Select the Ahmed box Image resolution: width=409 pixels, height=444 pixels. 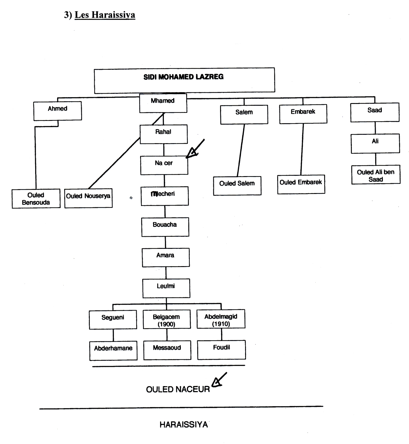pyautogui.click(x=57, y=111)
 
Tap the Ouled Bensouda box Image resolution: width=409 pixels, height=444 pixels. pyautogui.click(x=36, y=199)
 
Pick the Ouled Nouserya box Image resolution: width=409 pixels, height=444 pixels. pyautogui.click(x=88, y=198)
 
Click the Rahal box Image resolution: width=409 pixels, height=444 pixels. pyautogui.click(x=164, y=134)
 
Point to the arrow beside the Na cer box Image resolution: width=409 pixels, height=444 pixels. pyautogui.click(x=195, y=149)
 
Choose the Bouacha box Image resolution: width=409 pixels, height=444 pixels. pyautogui.click(x=165, y=227)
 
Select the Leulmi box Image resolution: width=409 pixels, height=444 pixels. pyautogui.click(x=166, y=288)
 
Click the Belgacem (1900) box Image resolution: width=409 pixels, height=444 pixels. pyautogui.click(x=167, y=320)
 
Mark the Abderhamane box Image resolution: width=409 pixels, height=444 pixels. pyautogui.click(x=113, y=351)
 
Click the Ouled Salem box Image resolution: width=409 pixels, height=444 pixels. pyautogui.click(x=237, y=186)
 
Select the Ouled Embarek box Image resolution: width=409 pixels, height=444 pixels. pyautogui.click(x=301, y=184)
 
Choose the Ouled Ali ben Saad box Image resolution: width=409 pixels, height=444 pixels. pyautogui.click(x=376, y=175)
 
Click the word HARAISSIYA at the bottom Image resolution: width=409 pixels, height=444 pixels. pyautogui.click(x=184, y=425)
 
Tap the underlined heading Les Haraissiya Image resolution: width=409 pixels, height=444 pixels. pyautogui.click(x=105, y=15)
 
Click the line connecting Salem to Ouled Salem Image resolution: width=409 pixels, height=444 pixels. pyautogui.click(x=241, y=150)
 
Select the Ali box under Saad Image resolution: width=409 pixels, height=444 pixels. pyautogui.click(x=375, y=143)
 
